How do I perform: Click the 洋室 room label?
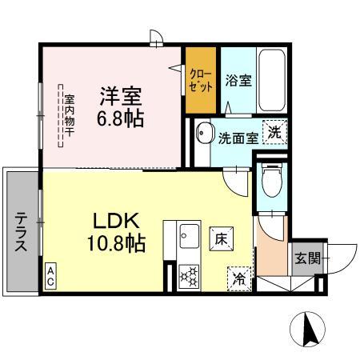(121, 97)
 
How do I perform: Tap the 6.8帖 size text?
(121, 119)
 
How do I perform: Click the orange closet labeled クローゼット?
(201, 81)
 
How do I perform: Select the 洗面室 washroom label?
(238, 138)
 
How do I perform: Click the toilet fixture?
(271, 180)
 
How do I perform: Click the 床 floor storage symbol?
(221, 237)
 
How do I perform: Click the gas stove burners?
(191, 276)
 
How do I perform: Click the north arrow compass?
(308, 329)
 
